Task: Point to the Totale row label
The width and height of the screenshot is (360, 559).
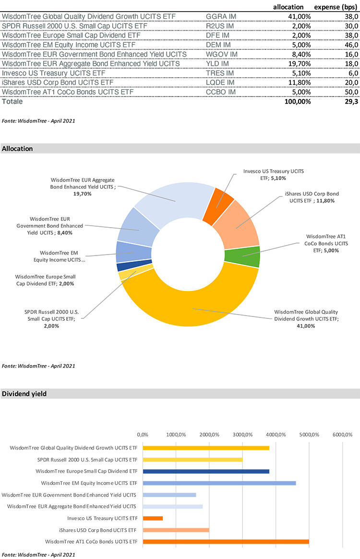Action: click(12, 102)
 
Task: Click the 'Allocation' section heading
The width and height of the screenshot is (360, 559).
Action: click(18, 149)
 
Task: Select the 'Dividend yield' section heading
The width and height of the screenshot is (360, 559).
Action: click(24, 394)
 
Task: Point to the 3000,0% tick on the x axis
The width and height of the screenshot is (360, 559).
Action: click(243, 435)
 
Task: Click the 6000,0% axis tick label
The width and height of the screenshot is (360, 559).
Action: click(343, 435)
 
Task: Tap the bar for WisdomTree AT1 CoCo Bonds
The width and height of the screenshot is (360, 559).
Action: click(226, 542)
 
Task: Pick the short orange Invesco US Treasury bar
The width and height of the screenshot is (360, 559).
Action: click(153, 518)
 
